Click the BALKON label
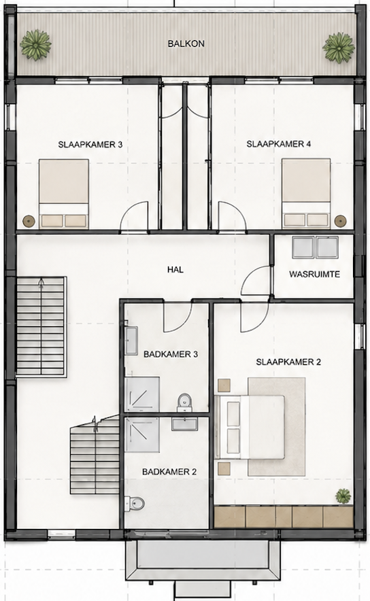pos(186,44)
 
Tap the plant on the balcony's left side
pos(35,45)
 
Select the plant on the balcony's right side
pos(338,47)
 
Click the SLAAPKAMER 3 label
pos(90,145)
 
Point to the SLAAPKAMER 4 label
pos(279,144)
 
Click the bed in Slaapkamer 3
pos(64,194)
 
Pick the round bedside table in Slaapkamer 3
pos(29,221)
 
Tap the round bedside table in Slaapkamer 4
pos(340,221)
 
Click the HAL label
pos(175,269)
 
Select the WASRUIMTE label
pos(314,275)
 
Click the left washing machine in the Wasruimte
pos(303,247)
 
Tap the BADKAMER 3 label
pos(171,354)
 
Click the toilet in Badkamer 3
pos(184,402)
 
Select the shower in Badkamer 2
pos(142,435)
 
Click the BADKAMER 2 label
pos(169,472)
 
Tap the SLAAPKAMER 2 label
pos(288,362)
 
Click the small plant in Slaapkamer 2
pos(343,496)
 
